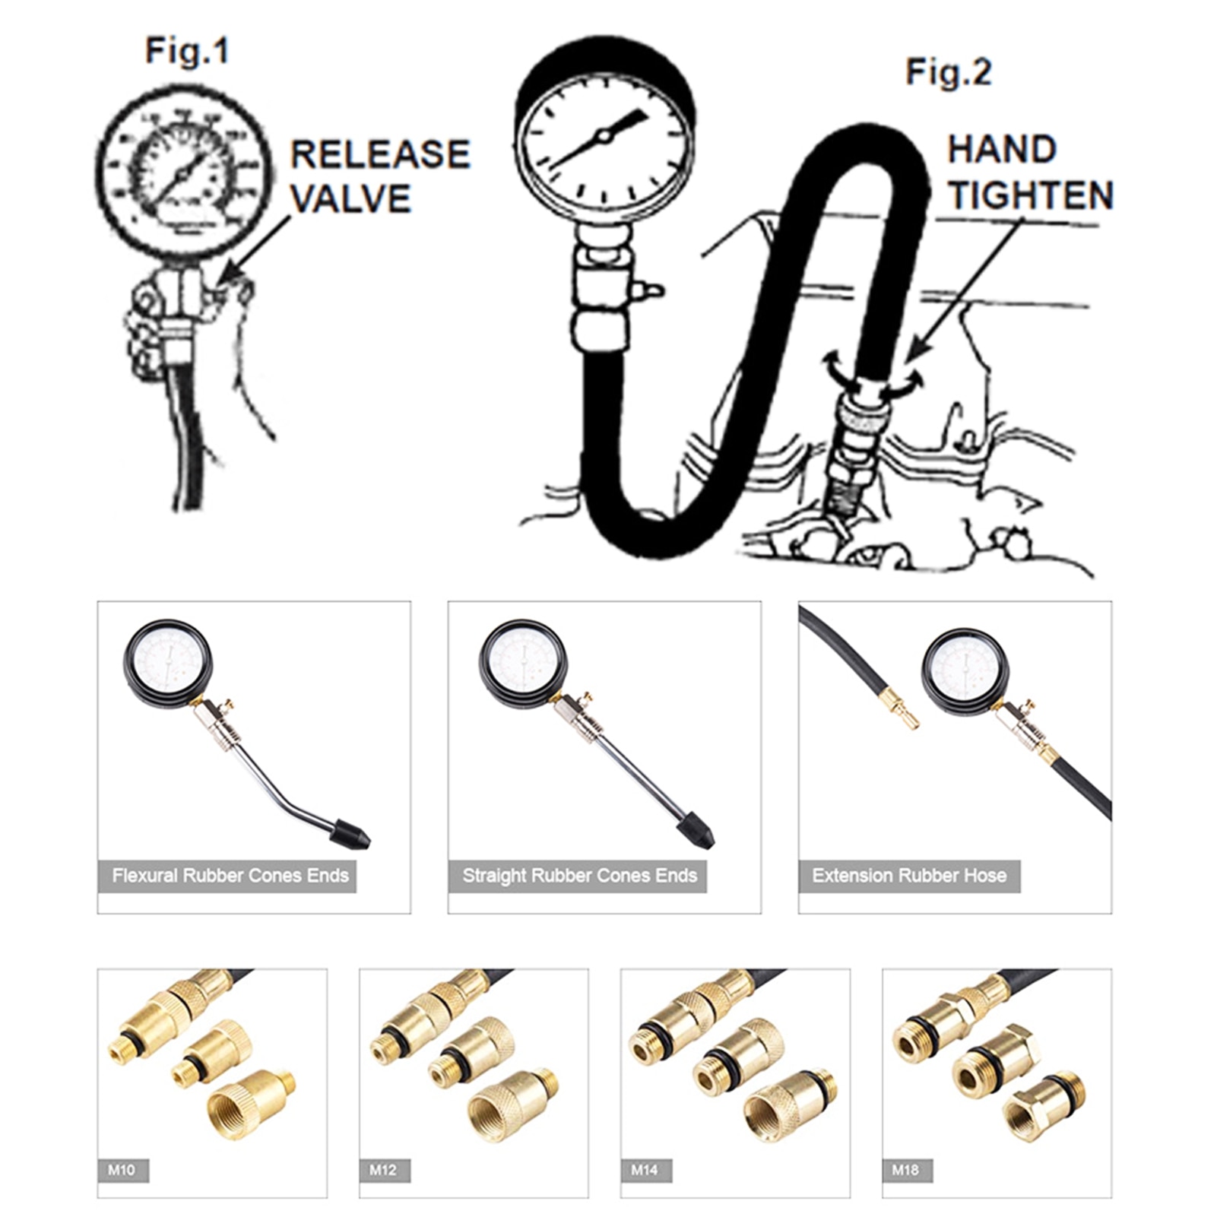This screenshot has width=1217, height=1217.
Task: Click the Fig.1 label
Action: (186, 52)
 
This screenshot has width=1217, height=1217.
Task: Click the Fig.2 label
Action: (949, 73)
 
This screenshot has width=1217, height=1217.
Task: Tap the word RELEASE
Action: (380, 155)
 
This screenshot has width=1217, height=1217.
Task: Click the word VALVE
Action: (350, 199)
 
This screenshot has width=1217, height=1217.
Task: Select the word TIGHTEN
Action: (1030, 195)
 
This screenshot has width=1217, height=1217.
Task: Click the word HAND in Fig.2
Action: (1002, 150)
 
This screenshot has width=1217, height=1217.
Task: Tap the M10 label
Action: (122, 1170)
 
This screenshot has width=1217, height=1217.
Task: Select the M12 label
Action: (384, 1170)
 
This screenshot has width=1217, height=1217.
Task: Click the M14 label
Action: (645, 1170)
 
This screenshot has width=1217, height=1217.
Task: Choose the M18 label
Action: (906, 1170)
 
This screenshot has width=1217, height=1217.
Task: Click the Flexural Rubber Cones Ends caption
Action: (230, 876)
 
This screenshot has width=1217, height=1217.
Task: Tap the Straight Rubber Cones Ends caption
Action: (579, 876)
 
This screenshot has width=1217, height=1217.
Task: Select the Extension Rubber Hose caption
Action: (909, 876)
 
